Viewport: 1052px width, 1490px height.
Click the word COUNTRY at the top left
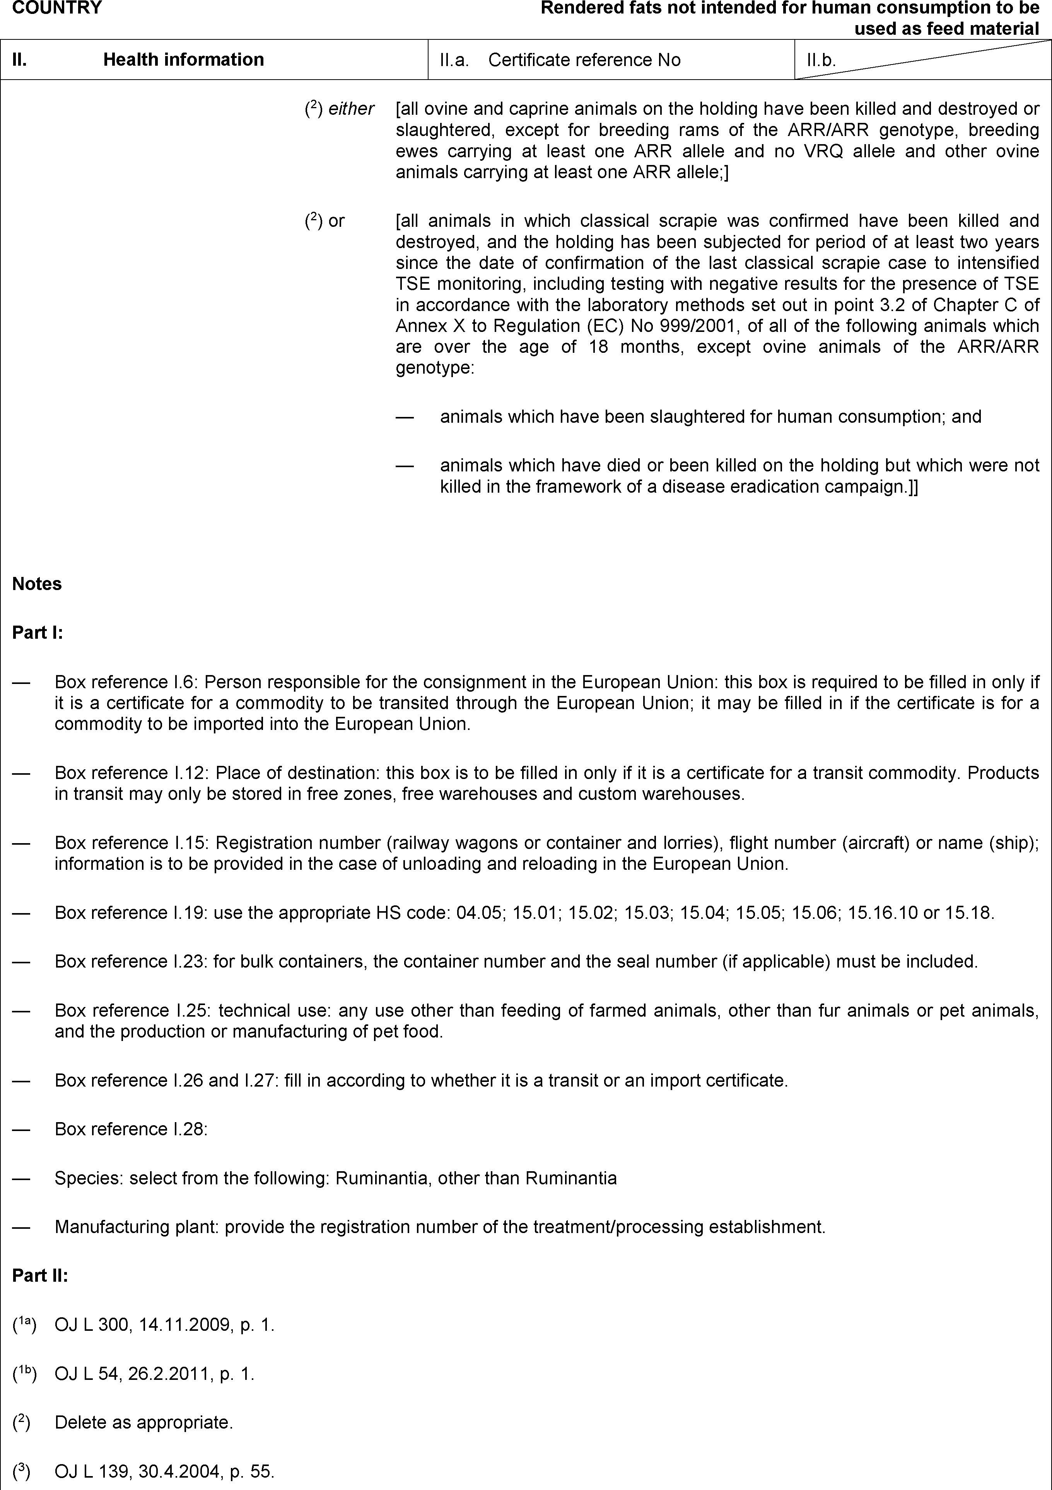(57, 8)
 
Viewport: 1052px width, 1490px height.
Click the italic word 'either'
(351, 109)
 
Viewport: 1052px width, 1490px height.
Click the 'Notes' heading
(37, 584)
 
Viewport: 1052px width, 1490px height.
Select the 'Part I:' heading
(38, 633)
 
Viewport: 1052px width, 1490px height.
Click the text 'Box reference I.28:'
(131, 1129)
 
